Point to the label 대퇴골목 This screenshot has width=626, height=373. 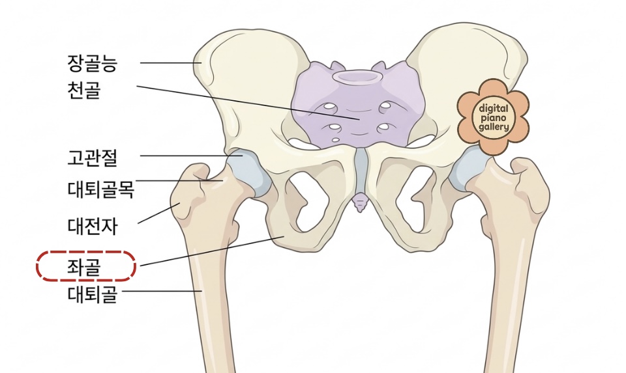[100, 189]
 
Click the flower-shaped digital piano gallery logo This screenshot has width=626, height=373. [493, 117]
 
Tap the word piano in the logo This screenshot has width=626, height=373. [493, 117]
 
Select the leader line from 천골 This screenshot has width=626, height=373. [248, 103]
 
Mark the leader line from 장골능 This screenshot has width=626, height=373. [170, 63]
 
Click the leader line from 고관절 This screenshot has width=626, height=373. [189, 156]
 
